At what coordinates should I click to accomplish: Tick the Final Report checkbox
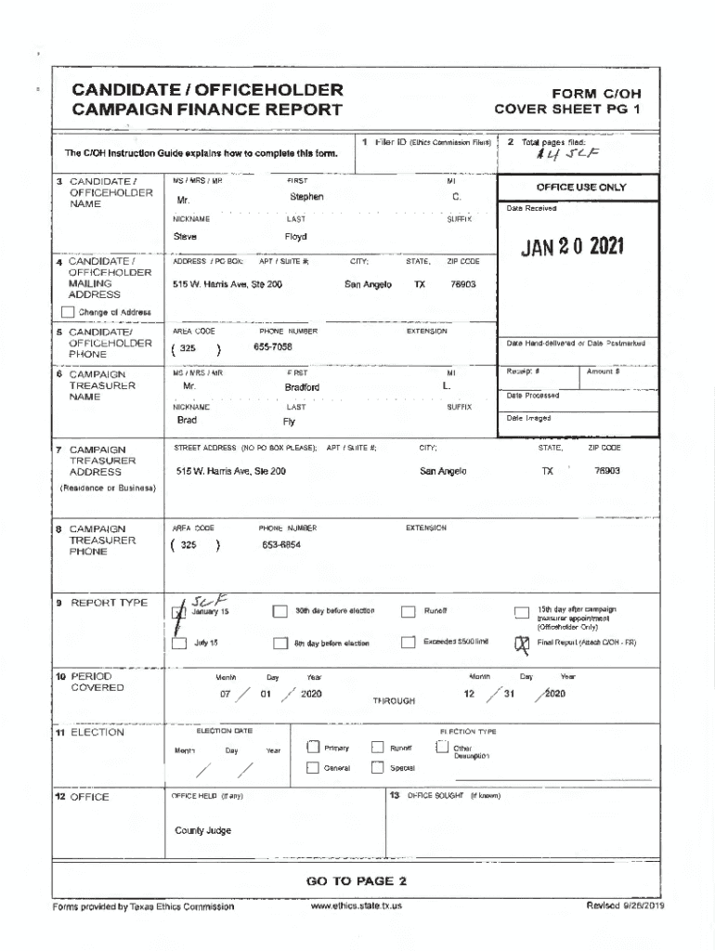pos(521,643)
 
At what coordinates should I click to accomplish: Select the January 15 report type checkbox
pos(180,611)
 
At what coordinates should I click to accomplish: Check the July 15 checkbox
pos(180,643)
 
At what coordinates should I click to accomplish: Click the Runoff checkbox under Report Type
pos(408,611)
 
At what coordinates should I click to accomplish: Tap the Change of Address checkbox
pos(68,312)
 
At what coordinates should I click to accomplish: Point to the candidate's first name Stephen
pos(306,197)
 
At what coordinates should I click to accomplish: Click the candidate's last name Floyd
pos(295,237)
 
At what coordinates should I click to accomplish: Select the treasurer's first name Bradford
pos(302,386)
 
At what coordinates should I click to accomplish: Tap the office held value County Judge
pos(202,830)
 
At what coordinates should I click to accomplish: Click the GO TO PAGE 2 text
pos(356,881)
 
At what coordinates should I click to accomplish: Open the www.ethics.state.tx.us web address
pos(357,905)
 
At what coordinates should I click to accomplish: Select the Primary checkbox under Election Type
pos(313,748)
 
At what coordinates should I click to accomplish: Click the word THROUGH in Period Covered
pos(394,701)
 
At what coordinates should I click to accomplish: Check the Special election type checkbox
pos(377,768)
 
